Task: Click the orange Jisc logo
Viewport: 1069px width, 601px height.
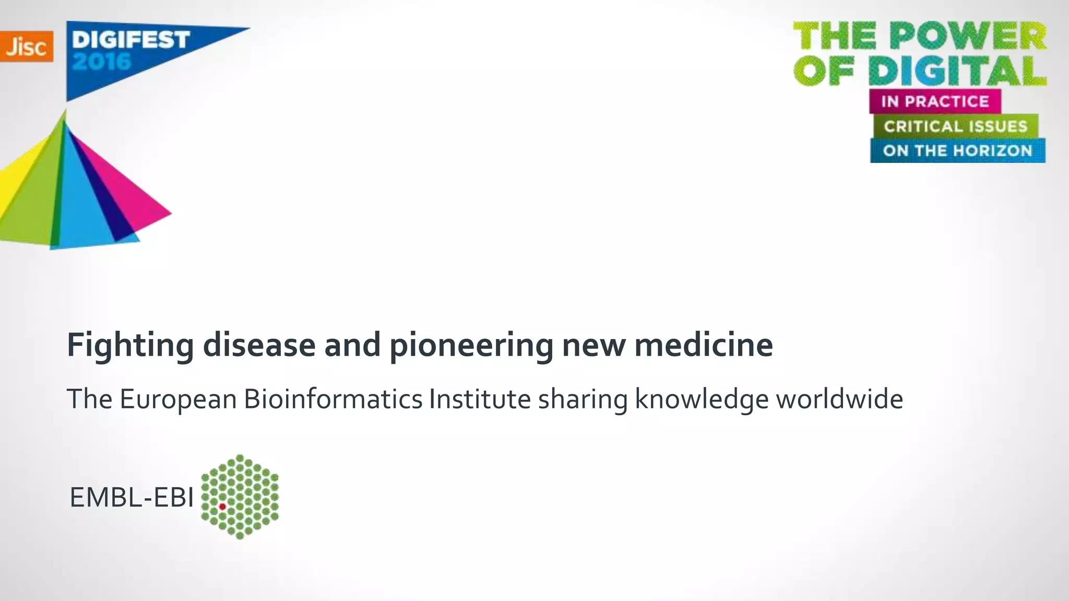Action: tap(26, 46)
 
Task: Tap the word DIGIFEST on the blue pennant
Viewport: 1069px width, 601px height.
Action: tap(130, 40)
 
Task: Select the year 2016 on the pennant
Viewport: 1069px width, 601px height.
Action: tap(101, 62)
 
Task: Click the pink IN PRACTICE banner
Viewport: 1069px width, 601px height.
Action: tap(934, 101)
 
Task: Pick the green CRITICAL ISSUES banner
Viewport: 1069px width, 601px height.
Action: tap(955, 126)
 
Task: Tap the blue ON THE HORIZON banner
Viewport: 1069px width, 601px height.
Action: tap(957, 151)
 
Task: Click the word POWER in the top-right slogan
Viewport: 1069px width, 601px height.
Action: tap(968, 37)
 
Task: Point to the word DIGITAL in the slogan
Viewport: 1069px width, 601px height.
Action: tap(958, 70)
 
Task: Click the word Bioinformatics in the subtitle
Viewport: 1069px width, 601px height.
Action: tap(333, 399)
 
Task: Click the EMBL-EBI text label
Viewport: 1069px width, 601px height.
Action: tap(132, 497)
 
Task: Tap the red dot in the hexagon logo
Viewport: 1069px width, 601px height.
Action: tap(222, 507)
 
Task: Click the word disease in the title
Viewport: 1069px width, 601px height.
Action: tap(259, 345)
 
